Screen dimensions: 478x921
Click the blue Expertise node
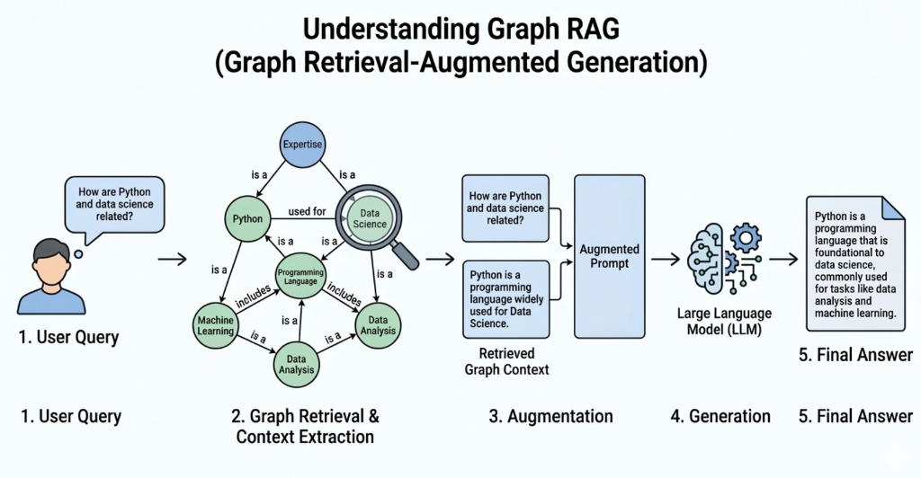click(x=302, y=144)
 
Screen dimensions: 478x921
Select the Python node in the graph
click(x=247, y=218)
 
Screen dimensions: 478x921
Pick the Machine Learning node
click(x=216, y=325)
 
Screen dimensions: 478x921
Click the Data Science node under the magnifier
click(x=369, y=218)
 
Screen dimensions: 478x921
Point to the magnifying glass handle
click(x=407, y=256)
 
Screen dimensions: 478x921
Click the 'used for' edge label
click(x=307, y=212)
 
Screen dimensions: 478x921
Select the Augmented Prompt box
click(x=609, y=256)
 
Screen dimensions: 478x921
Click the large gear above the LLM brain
click(x=746, y=238)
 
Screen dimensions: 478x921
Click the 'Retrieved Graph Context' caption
click(x=506, y=361)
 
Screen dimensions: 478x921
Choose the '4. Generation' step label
click(x=720, y=416)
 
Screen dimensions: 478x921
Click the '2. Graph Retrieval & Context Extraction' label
click(x=305, y=427)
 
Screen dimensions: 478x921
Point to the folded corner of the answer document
click(x=892, y=208)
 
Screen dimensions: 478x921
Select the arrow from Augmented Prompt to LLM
click(x=665, y=260)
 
